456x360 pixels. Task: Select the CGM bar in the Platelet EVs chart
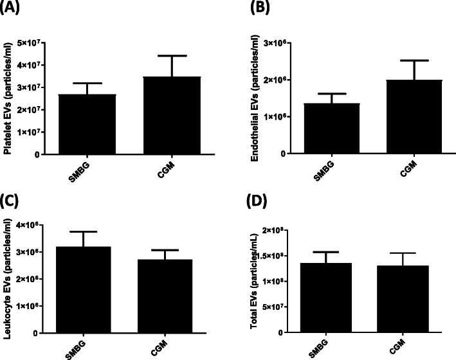click(x=150, y=116)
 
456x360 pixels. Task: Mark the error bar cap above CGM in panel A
click(x=150, y=56)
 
